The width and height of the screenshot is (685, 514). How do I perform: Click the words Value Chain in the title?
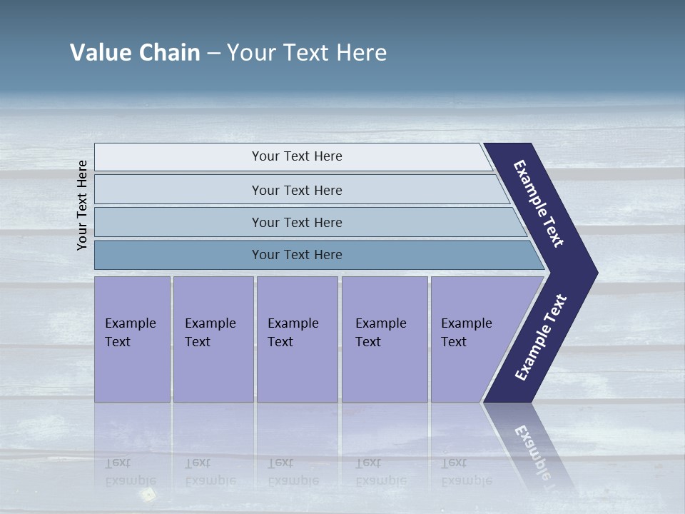pos(135,53)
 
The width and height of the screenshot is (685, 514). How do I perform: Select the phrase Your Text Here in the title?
pos(307,53)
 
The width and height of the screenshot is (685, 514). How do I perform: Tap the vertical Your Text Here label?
pos(82,205)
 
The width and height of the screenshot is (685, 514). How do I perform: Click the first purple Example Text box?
pos(132,339)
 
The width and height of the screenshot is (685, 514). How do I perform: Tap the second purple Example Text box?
pos(213,339)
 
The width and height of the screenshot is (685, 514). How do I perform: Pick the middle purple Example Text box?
pos(297,339)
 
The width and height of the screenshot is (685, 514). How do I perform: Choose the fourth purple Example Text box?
pos(385,339)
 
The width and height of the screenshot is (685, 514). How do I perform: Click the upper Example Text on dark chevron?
pos(539,203)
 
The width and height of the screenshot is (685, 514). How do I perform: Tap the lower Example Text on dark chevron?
pos(541,338)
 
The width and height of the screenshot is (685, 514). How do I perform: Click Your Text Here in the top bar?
pos(297,156)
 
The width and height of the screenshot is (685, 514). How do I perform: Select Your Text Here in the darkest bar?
pos(297,255)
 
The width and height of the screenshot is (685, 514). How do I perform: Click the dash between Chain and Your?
pos(213,54)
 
